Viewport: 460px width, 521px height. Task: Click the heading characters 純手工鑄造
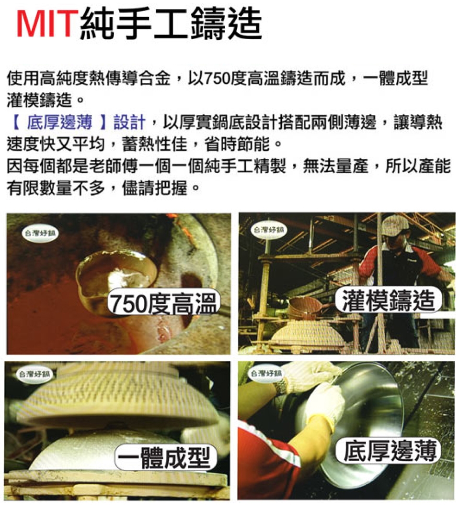click(x=171, y=23)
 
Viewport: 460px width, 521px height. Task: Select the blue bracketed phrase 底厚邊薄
click(x=59, y=122)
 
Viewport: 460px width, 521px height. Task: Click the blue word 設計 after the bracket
click(x=129, y=122)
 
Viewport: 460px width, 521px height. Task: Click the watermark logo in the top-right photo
click(x=269, y=230)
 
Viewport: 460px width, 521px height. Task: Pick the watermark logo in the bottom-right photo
click(x=266, y=374)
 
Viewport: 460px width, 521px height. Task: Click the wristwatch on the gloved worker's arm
click(x=281, y=386)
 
